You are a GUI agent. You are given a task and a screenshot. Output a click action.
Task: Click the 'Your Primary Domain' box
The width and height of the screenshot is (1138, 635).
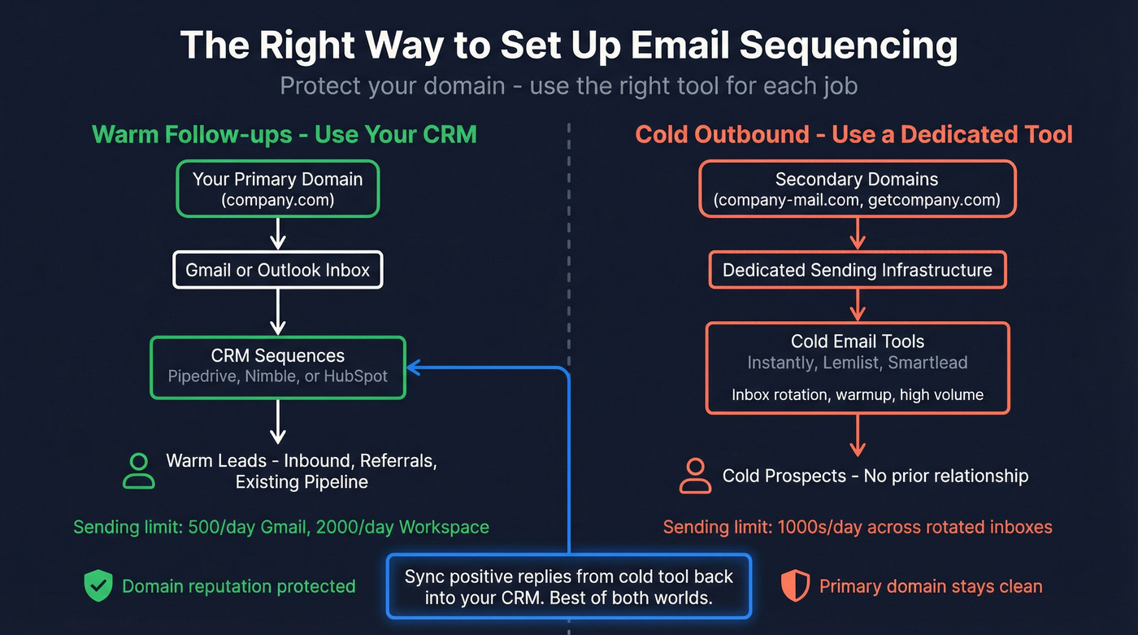[277, 189]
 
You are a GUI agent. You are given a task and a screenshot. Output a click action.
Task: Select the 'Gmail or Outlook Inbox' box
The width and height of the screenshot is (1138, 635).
[277, 270]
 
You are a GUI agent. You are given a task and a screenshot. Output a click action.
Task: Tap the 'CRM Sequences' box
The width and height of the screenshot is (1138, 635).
[277, 367]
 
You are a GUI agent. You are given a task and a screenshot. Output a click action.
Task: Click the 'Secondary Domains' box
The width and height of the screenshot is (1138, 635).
[857, 189]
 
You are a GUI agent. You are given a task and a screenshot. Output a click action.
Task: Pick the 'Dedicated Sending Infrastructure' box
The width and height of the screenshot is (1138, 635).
[857, 270]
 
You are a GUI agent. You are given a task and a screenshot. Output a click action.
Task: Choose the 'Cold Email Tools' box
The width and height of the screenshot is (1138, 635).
[857, 368]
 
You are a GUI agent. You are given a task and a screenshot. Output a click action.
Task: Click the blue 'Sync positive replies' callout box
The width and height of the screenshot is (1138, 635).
[569, 586]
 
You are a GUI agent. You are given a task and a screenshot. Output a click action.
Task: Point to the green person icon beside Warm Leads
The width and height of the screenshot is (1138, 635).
[138, 471]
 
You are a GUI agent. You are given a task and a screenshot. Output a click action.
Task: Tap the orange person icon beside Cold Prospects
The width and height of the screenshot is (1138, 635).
[694, 476]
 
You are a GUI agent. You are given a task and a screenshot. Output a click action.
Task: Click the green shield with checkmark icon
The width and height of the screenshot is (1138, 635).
[98, 586]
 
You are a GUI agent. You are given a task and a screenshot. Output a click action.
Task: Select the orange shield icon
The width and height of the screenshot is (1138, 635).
[795, 586]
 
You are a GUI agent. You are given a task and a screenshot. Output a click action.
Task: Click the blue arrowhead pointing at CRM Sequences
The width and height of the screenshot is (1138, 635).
[413, 368]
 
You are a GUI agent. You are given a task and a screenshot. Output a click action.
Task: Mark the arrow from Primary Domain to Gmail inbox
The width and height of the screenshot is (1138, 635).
[277, 234]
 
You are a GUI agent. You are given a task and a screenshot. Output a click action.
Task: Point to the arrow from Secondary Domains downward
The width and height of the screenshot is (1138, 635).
[857, 234]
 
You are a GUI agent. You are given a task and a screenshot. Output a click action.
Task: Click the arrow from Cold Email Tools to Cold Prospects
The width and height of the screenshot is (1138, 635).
[857, 435]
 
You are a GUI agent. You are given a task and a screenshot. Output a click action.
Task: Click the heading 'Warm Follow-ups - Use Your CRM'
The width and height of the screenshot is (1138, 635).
[284, 134]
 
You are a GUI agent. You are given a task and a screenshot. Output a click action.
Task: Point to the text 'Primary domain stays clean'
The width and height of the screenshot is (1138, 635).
[930, 586]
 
